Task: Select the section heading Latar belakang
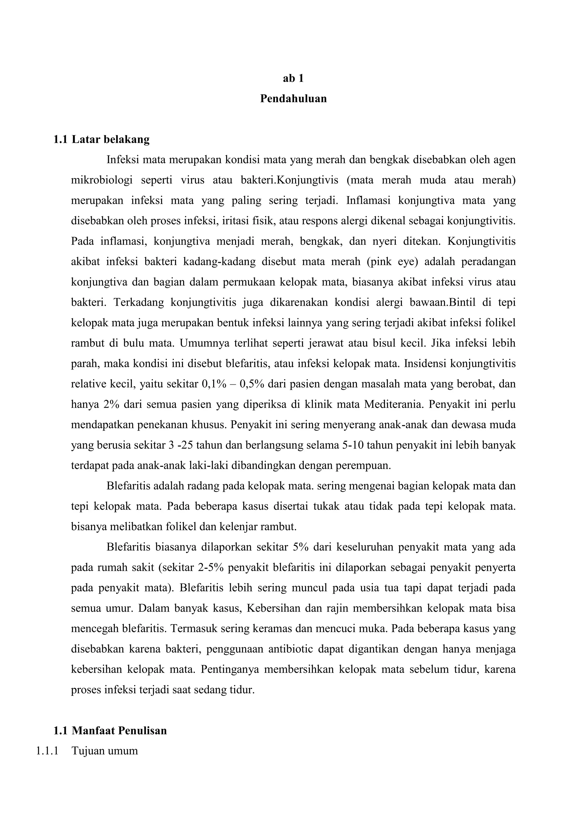tap(111, 139)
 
